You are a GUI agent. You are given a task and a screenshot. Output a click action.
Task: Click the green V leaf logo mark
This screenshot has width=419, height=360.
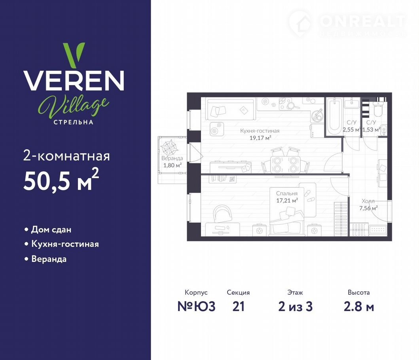point(74,55)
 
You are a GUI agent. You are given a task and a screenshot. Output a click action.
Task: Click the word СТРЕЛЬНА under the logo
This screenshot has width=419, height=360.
point(74,122)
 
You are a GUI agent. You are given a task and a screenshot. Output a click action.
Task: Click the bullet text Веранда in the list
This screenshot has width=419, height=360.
point(49,259)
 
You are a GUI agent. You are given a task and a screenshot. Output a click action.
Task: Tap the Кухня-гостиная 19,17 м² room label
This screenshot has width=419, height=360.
point(260,135)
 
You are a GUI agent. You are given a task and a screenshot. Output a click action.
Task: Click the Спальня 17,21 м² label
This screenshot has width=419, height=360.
point(287,197)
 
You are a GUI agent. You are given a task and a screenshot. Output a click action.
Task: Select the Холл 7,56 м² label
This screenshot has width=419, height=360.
point(368,205)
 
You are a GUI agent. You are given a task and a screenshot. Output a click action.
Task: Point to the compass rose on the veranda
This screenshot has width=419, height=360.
point(169,148)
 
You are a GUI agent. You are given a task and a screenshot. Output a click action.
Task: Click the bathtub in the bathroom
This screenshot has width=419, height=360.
point(334,116)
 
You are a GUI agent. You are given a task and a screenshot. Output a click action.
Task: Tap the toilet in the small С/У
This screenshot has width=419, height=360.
point(378,110)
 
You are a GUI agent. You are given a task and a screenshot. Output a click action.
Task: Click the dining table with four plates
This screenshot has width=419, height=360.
point(285,165)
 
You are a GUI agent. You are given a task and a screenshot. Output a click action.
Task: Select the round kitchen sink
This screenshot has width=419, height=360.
point(317,115)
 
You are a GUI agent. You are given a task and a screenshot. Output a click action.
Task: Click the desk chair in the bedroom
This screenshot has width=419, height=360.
point(223,213)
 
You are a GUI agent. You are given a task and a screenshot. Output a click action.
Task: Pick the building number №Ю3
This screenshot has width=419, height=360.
point(196,306)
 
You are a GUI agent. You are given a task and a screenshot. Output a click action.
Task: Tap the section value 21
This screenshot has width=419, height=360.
point(238,306)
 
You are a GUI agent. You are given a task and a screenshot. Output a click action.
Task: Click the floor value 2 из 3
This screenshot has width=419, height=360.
point(295,306)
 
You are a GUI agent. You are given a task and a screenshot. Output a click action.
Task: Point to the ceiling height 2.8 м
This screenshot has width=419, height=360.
point(358,306)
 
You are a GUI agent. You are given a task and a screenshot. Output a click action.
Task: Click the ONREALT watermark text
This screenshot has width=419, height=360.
point(362,21)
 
